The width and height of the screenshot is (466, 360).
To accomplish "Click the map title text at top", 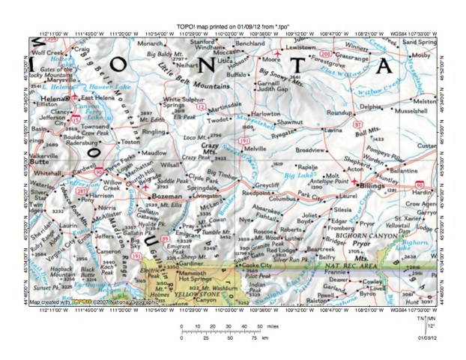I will pos(233,27).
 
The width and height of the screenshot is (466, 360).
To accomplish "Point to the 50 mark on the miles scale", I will pos(259,326).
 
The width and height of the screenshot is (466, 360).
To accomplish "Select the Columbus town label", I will pos(283,199).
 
